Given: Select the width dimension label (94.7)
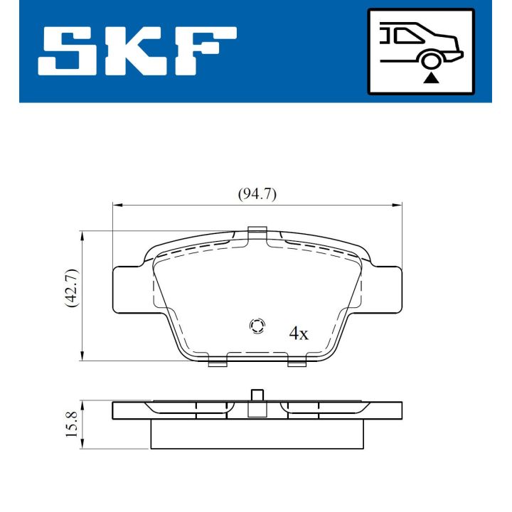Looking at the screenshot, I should [x=257, y=193].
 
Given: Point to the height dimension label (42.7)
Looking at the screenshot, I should [x=71, y=287].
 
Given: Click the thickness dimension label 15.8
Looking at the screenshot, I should [x=71, y=424].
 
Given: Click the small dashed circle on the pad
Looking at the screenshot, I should [x=257, y=326].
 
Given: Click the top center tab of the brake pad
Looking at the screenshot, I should [x=257, y=232].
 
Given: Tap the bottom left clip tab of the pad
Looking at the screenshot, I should [x=217, y=363].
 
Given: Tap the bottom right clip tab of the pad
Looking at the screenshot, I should [x=297, y=363].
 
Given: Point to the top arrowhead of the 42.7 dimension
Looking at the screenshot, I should [x=84, y=235].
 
